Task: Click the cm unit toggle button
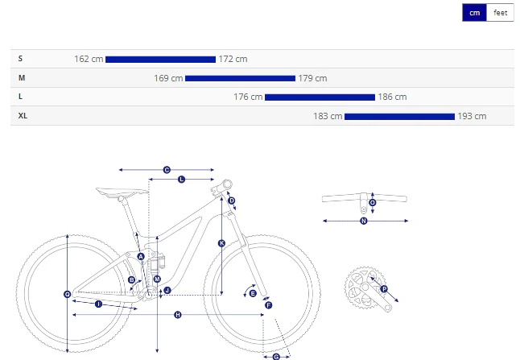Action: tap(475, 13)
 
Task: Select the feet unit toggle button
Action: tap(500, 13)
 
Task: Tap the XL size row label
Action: tap(23, 116)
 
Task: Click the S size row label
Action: tap(20, 59)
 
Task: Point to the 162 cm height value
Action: tap(89, 59)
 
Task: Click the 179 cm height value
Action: tap(312, 78)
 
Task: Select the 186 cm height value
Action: tap(392, 97)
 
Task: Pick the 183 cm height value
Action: tap(328, 116)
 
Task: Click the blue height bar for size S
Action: tap(160, 60)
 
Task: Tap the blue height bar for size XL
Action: tap(399, 117)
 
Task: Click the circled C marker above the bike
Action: tap(167, 170)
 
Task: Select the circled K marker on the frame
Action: tap(221, 243)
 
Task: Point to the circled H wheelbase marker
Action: tap(178, 315)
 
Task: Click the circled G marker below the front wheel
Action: tap(276, 357)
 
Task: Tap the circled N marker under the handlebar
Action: tap(364, 221)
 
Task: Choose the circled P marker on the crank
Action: tap(384, 289)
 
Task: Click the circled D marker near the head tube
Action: tap(232, 201)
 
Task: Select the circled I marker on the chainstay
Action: tap(98, 304)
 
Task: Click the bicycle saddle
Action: tap(122, 192)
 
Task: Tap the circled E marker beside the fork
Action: tap(253, 293)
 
